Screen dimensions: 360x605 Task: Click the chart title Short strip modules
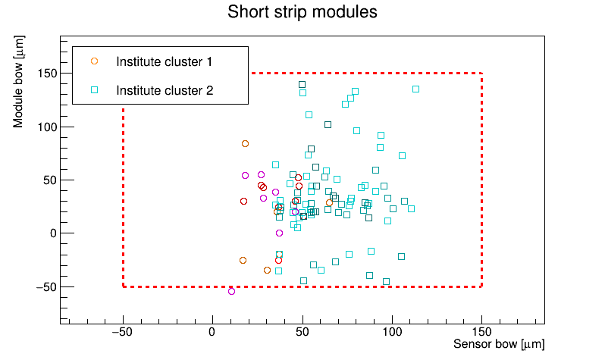click(302, 12)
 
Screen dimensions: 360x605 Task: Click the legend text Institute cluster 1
click(164, 61)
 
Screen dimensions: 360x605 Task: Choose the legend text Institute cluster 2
click(165, 90)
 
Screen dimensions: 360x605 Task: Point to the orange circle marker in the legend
click(95, 61)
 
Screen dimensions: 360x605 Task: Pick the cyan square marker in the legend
click(95, 90)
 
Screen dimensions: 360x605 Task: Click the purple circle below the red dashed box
click(232, 291)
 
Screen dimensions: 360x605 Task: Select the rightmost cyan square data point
click(415, 89)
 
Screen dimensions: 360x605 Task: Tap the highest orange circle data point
click(245, 143)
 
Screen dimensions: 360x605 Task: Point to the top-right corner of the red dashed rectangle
click(482, 74)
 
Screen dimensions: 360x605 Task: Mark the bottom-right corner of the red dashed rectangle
click(482, 286)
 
